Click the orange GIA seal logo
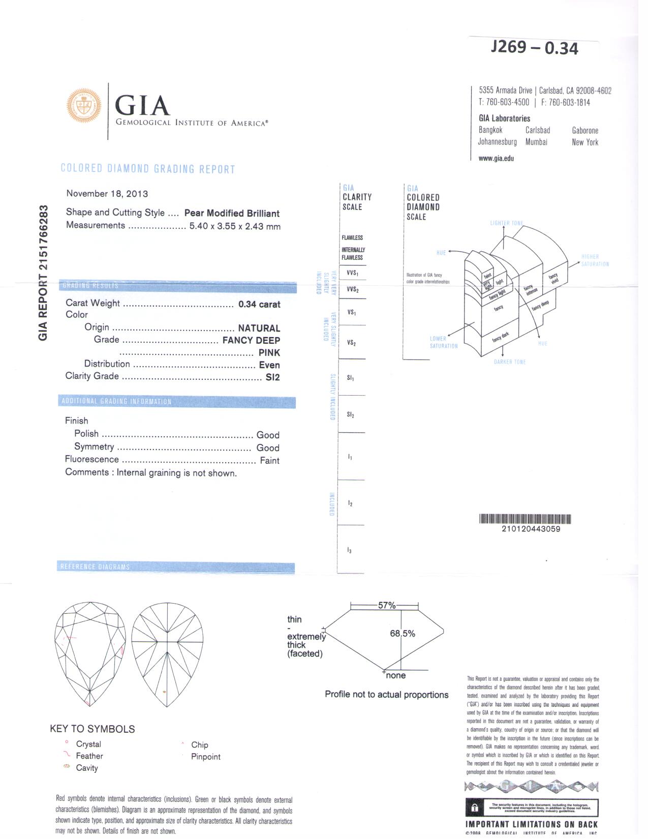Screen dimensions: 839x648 (x=84, y=106)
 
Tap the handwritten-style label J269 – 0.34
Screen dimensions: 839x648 (x=534, y=47)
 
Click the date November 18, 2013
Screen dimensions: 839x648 (x=107, y=194)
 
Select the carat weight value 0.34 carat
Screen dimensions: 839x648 (x=259, y=304)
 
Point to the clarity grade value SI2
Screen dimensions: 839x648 (x=272, y=377)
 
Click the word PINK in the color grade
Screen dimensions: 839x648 (x=269, y=352)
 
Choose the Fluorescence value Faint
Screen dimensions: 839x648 (x=269, y=461)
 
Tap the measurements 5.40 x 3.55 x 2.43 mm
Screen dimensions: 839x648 (x=235, y=226)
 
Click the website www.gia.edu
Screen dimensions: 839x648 (x=496, y=158)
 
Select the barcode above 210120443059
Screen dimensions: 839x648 (x=525, y=519)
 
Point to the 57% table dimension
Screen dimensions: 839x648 (x=386, y=605)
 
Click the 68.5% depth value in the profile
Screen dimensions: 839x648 (x=403, y=634)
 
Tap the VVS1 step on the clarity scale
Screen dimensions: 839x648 (x=352, y=273)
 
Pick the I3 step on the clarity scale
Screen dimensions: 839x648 (x=350, y=550)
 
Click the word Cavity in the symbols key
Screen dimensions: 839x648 (x=87, y=768)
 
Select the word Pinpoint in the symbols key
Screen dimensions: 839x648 (x=206, y=757)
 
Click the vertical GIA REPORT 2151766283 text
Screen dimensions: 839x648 (x=44, y=273)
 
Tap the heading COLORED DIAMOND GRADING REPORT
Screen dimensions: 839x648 (x=148, y=169)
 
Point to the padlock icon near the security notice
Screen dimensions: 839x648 (x=475, y=807)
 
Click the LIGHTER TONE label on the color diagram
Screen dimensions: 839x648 (x=506, y=223)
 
